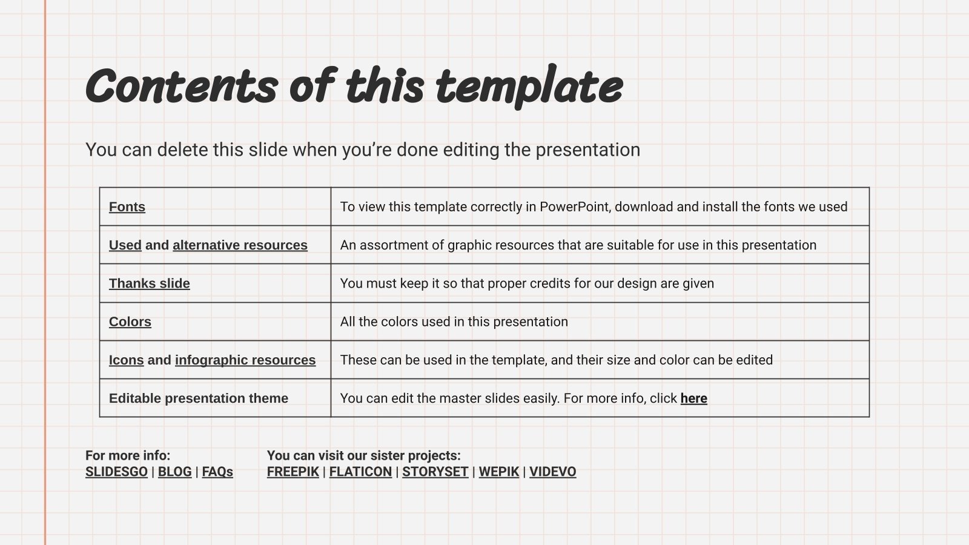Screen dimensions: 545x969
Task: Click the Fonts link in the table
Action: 127,207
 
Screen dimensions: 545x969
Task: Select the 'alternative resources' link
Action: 240,245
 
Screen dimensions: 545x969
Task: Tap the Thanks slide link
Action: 150,283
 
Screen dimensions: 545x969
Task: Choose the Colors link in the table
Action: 130,322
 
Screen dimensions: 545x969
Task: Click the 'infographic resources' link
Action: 245,360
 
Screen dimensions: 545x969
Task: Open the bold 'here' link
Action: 693,398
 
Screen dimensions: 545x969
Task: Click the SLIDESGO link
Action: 116,472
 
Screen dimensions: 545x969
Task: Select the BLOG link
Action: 174,472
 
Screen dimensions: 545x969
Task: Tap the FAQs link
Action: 217,472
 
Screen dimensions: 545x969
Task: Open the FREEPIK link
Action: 293,472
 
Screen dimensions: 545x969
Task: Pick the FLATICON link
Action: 360,472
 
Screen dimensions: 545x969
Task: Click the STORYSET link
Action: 435,472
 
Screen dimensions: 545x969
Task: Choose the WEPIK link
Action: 499,472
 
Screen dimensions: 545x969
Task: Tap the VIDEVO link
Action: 552,472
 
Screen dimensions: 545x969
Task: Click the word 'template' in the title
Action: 529,86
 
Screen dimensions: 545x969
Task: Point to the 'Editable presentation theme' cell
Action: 199,398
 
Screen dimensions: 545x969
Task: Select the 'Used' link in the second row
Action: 125,245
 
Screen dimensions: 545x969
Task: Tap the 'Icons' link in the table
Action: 127,360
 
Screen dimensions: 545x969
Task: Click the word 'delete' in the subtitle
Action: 182,150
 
